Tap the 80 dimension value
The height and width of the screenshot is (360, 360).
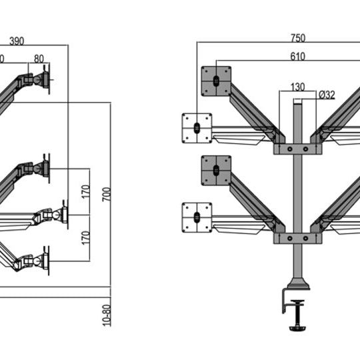[x=39, y=59]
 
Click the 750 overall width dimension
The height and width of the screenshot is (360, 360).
[x=297, y=37]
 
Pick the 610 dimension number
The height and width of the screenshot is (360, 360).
[x=297, y=57]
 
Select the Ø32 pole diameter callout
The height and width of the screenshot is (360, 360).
[x=327, y=95]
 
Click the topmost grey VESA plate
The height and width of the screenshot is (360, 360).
[x=215, y=80]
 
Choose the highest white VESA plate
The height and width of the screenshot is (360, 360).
[x=197, y=127]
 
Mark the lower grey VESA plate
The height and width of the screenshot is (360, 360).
[x=215, y=171]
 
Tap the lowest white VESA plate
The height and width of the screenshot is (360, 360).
[x=197, y=218]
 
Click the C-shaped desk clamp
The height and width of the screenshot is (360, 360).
[x=292, y=297]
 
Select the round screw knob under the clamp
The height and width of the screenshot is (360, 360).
[x=298, y=327]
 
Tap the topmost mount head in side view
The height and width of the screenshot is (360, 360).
[x=42, y=81]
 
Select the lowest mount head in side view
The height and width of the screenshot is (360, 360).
[x=41, y=259]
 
